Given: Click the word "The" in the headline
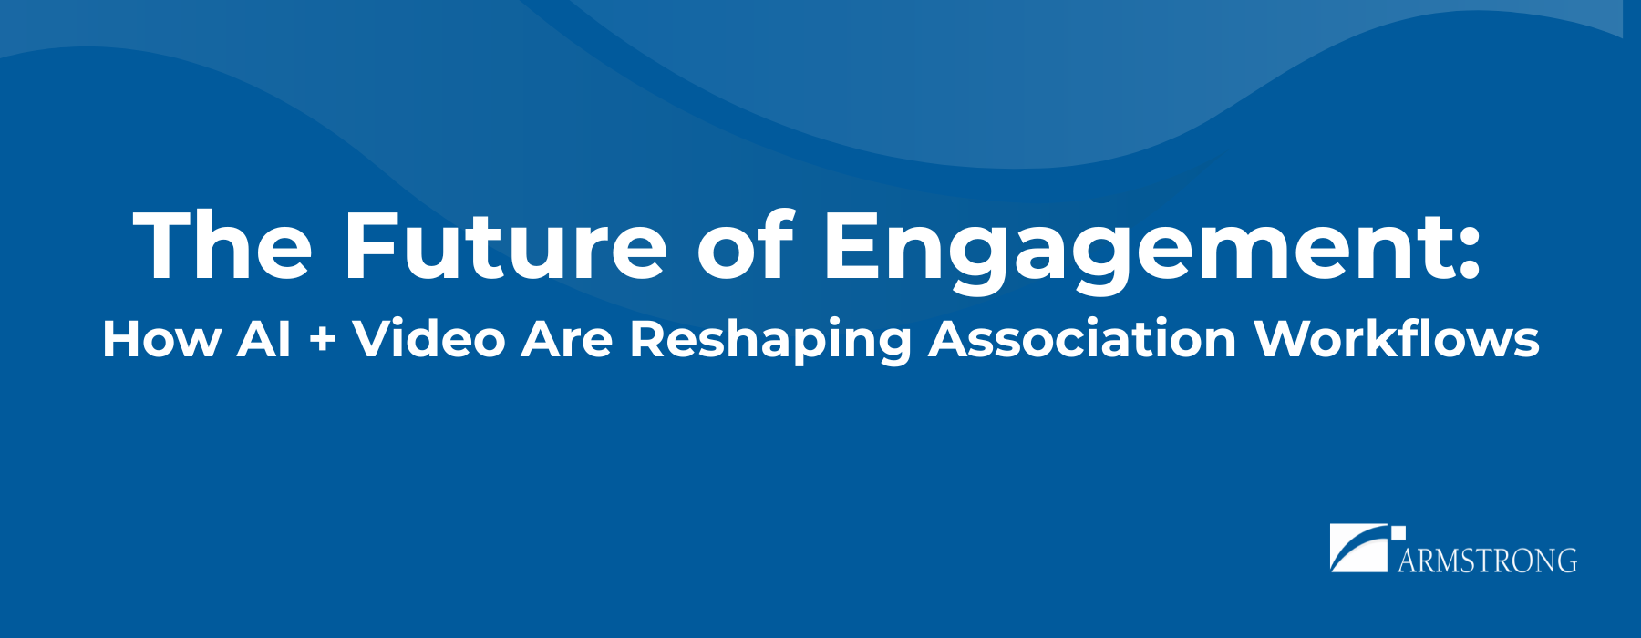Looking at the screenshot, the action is (223, 244).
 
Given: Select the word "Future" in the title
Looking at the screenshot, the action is (505, 244).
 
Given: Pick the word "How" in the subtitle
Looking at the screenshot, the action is (161, 339).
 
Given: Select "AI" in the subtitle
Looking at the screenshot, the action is (264, 339).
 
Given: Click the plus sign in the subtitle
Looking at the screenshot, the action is (322, 341).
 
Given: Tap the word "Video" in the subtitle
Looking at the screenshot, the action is (428, 338).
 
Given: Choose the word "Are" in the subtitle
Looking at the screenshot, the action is (566, 339).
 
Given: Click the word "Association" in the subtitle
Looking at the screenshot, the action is (1082, 338).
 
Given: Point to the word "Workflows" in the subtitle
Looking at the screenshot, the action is (1397, 338).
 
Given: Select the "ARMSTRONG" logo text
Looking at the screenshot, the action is (1487, 560).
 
